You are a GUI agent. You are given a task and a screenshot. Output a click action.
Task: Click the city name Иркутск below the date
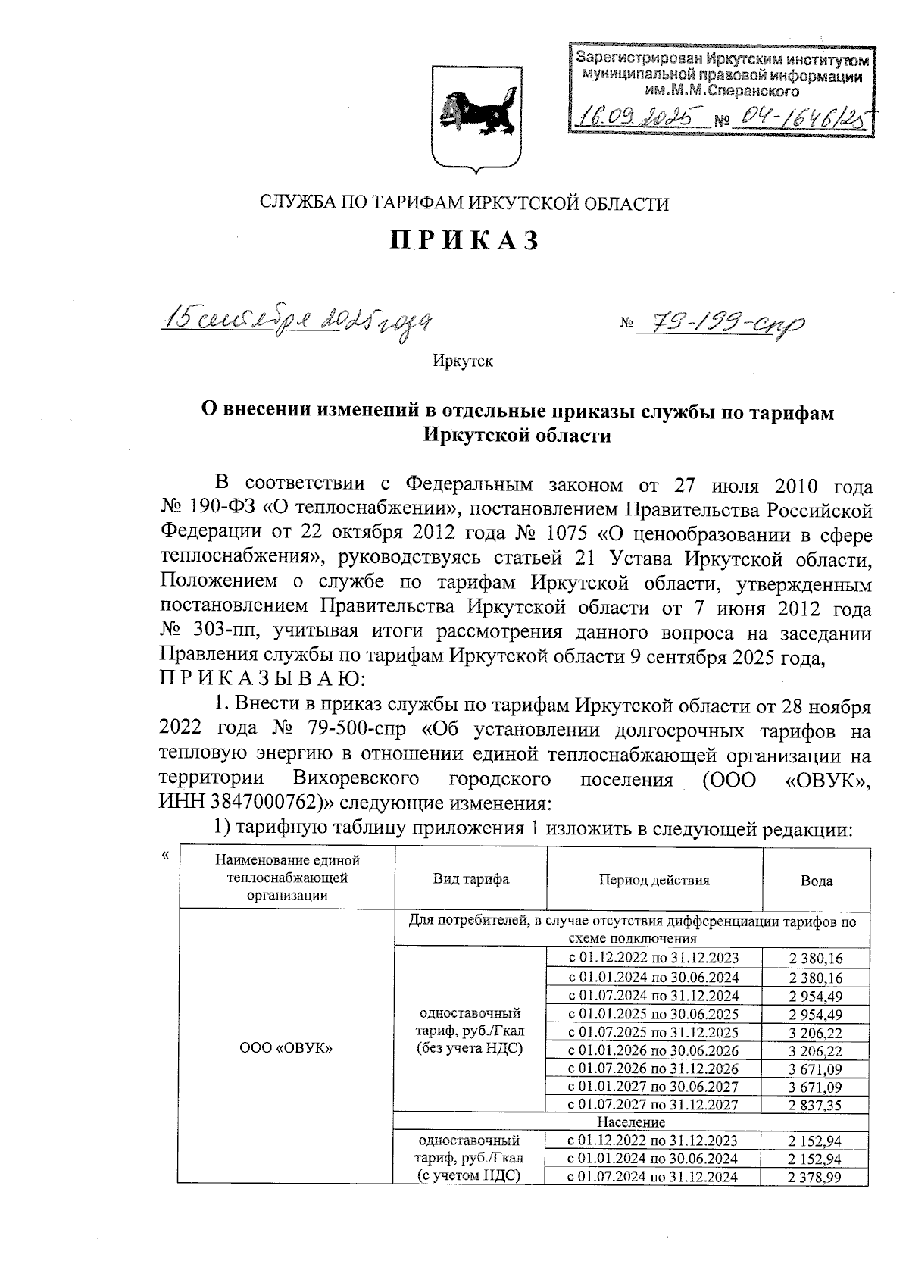(463, 361)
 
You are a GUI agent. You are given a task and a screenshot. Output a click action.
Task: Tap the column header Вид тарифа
(470, 880)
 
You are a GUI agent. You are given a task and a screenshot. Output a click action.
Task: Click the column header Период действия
(654, 880)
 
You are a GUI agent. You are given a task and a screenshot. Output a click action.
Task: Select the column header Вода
(817, 881)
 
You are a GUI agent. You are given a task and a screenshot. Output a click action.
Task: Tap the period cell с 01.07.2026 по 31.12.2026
(654, 1069)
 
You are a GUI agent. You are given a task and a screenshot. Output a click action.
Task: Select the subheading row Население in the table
(631, 1122)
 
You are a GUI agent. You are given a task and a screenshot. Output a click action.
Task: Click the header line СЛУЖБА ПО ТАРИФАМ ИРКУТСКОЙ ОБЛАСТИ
(464, 202)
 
